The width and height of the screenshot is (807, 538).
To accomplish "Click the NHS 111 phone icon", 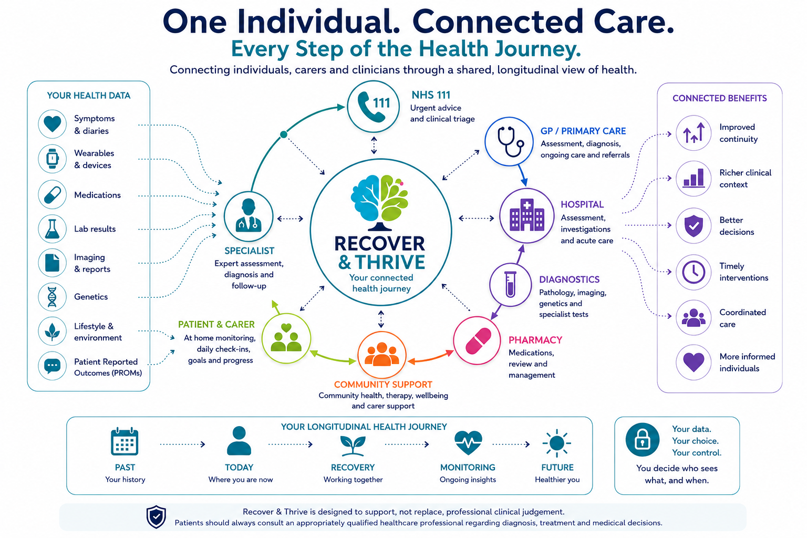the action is click(373, 107).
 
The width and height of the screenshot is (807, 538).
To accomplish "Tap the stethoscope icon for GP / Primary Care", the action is click(509, 141).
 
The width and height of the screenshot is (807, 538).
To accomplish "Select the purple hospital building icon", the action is click(527, 216).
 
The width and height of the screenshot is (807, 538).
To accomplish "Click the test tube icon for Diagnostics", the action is click(510, 285).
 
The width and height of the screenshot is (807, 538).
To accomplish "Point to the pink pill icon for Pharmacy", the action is click(478, 340).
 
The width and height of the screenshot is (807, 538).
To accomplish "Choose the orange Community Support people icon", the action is click(381, 355).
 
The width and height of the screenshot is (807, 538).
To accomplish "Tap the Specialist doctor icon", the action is click(248, 216).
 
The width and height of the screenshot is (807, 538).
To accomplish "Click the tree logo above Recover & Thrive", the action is click(379, 202).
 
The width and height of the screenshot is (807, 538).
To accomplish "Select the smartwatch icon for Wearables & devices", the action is click(52, 159).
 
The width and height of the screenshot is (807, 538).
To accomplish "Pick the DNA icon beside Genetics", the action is click(52, 297).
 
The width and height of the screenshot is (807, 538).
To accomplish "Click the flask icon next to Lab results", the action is click(52, 229).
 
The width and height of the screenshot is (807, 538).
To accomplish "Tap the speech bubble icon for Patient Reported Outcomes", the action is click(52, 366).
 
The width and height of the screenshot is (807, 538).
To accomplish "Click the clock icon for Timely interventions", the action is click(694, 272).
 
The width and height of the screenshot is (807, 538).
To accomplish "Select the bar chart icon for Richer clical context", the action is click(694, 179).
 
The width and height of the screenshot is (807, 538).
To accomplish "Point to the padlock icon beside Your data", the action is click(643, 440).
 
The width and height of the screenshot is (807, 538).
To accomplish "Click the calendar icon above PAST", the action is click(125, 441).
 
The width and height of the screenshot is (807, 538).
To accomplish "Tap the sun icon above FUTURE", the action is click(556, 443).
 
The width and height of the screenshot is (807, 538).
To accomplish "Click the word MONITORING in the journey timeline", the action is click(468, 468).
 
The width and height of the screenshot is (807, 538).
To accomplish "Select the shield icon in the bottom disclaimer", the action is click(156, 517).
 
